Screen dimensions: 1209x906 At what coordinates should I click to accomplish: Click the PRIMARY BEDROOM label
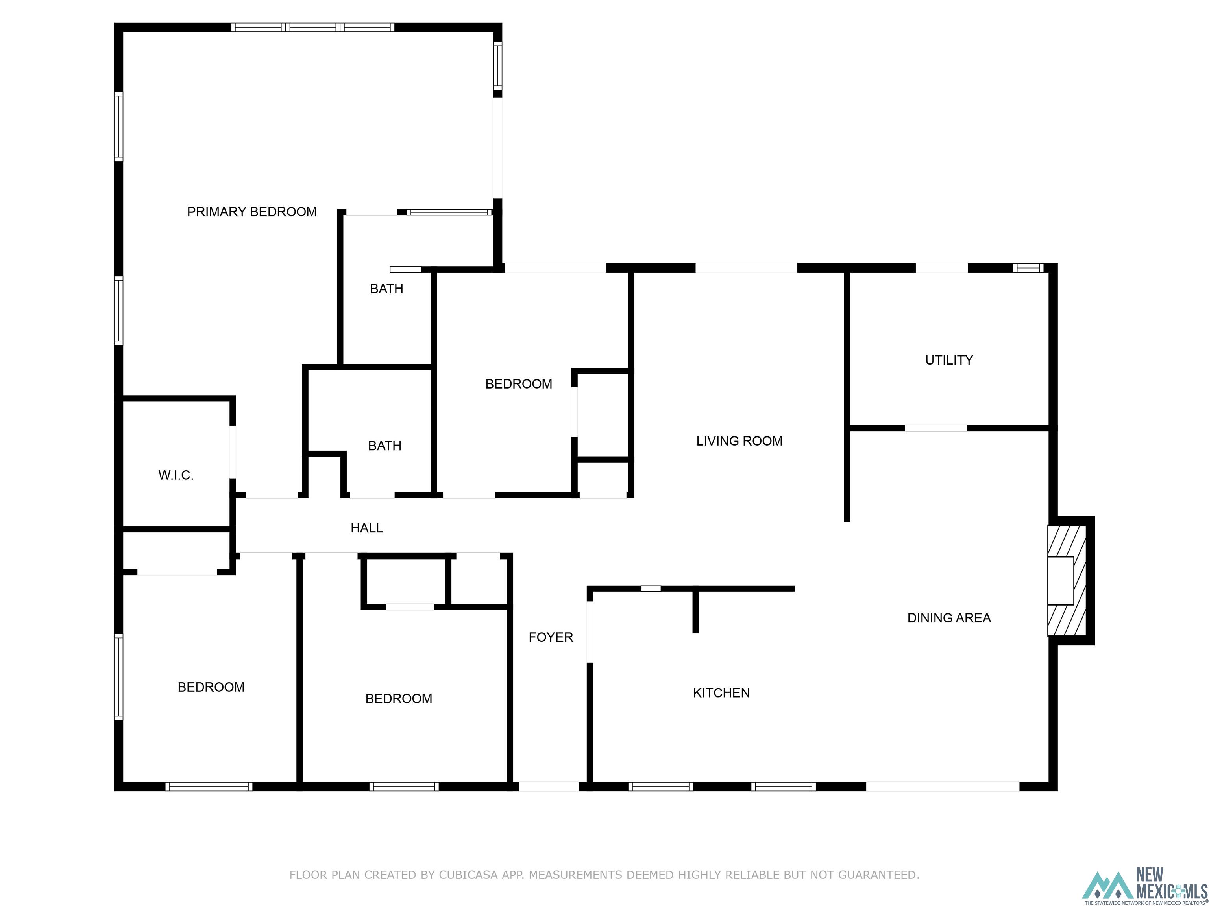pos(252,212)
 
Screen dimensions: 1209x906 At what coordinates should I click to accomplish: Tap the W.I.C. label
pos(176,475)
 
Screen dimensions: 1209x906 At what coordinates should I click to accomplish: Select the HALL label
pos(367,528)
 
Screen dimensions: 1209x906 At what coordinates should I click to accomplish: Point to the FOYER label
pos(551,637)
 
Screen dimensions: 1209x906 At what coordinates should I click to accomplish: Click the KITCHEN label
pos(721,693)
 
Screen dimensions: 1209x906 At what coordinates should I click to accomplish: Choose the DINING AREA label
pos(949,618)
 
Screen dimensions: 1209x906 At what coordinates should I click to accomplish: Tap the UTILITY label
pos(949,360)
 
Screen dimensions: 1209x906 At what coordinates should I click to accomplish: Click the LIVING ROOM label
pos(739,441)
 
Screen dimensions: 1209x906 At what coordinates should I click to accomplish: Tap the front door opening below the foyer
pos(549,786)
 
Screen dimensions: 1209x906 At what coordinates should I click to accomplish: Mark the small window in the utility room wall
pos(1028,268)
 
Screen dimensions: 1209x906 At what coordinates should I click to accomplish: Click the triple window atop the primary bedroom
pos(312,27)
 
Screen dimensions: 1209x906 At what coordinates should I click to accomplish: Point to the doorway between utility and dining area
pos(936,428)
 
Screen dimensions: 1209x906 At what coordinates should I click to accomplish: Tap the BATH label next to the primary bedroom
pos(387,289)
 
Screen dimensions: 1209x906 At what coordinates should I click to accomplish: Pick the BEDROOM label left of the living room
pos(519,384)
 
